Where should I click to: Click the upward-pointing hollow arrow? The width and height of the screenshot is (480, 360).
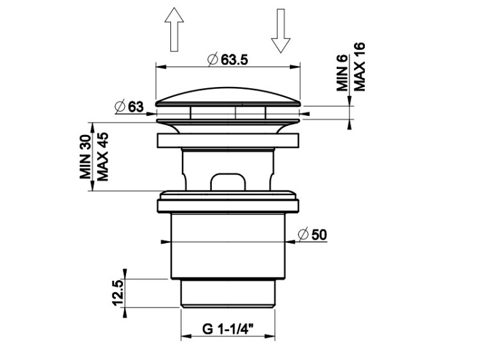pyautogui.click(x=174, y=29)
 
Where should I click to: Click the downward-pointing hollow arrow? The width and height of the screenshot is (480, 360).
pyautogui.click(x=281, y=31)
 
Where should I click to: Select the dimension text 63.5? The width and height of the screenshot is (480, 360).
pyautogui.click(x=234, y=59)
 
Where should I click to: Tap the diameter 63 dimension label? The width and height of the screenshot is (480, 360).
pyautogui.click(x=136, y=107)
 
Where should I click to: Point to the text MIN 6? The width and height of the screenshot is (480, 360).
pyautogui.click(x=342, y=73)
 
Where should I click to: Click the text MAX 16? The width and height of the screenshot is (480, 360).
pyautogui.click(x=360, y=67)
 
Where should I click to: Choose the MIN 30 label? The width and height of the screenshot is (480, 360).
pyautogui.click(x=85, y=157)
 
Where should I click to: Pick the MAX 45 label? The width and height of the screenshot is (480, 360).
pyautogui.click(x=103, y=157)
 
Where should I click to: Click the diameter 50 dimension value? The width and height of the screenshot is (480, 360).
pyautogui.click(x=319, y=235)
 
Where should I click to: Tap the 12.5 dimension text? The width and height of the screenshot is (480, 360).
pyautogui.click(x=118, y=293)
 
